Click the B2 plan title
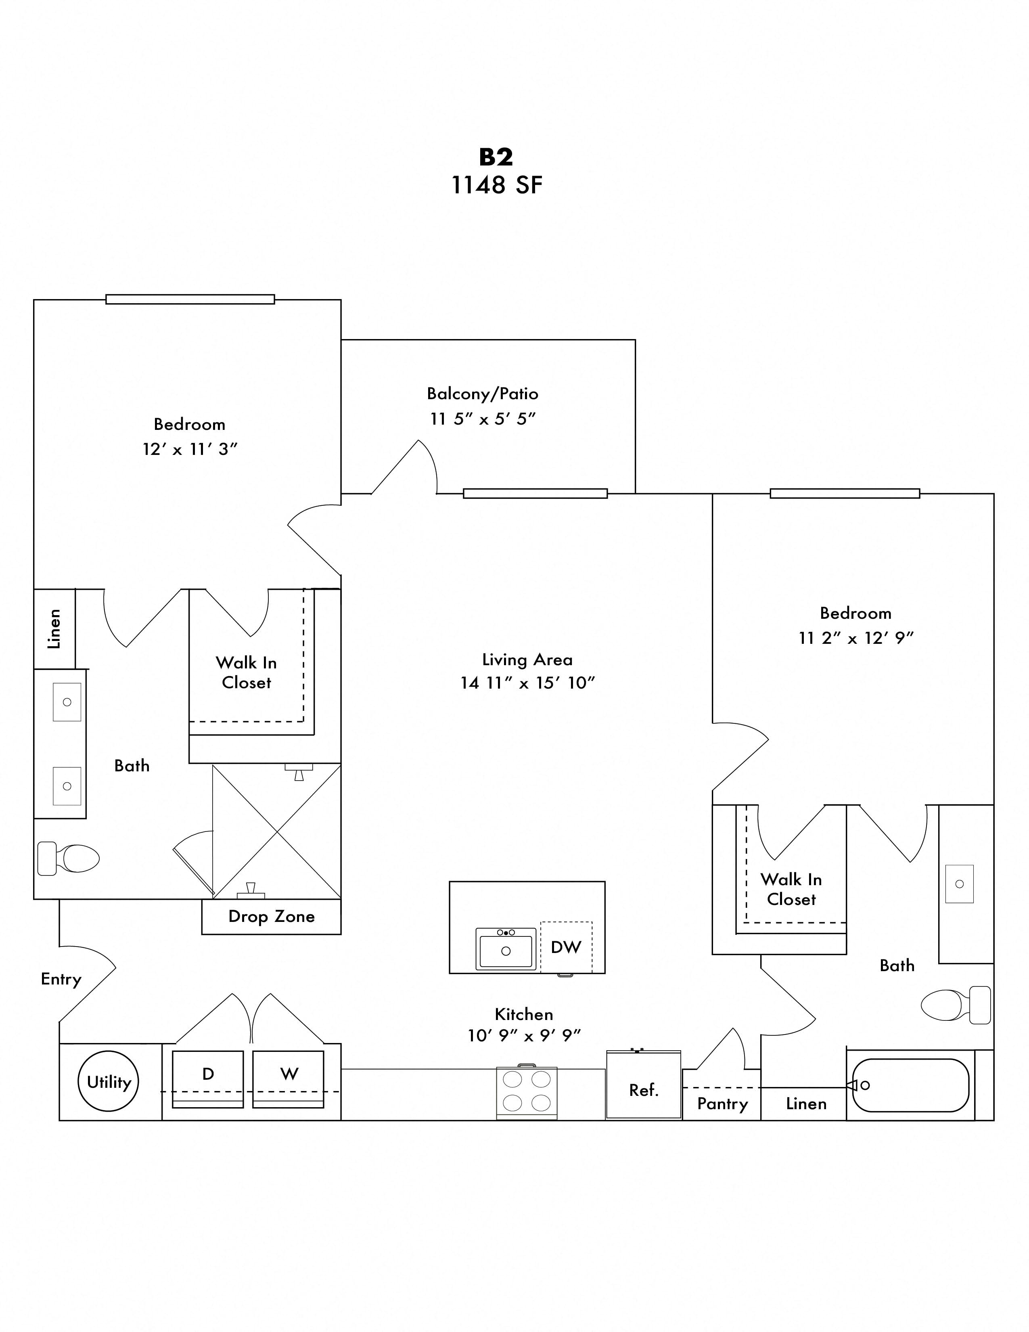click(496, 157)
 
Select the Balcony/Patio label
click(482, 394)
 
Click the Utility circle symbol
click(109, 1081)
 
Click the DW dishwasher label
click(566, 947)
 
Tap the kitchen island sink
click(505, 949)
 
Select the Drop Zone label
click(271, 917)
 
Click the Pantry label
click(722, 1104)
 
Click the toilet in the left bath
click(68, 859)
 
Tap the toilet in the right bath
click(955, 1005)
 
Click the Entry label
click(61, 979)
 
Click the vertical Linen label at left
click(54, 629)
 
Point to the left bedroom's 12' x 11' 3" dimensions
click(190, 450)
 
